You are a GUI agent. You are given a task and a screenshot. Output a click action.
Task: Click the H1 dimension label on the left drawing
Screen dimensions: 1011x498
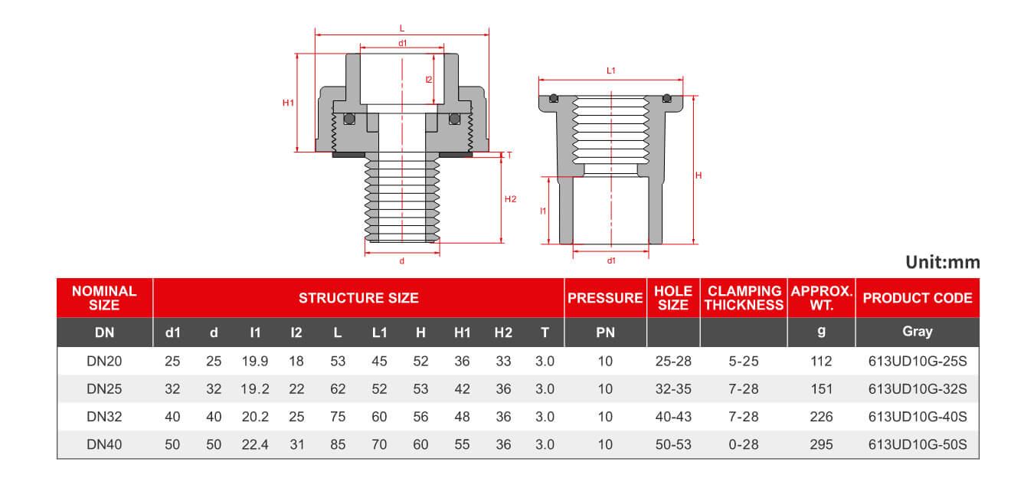(x=288, y=103)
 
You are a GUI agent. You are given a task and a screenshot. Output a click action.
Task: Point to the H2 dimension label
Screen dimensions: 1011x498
(x=510, y=199)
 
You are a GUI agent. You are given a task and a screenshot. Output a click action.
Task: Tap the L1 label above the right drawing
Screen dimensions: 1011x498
(x=610, y=70)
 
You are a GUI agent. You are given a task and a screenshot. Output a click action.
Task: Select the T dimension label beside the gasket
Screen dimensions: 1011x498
(x=509, y=156)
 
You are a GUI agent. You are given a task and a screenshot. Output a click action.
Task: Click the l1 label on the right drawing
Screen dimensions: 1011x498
(x=543, y=211)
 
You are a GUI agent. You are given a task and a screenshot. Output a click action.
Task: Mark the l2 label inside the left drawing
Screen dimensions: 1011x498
(x=429, y=80)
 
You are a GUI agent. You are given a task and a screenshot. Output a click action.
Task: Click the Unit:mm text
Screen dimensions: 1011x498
(x=942, y=262)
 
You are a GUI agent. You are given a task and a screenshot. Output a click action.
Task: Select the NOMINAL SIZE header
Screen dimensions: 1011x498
(x=104, y=298)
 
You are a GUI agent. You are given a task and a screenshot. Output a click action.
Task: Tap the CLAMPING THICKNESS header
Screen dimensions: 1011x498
(x=744, y=298)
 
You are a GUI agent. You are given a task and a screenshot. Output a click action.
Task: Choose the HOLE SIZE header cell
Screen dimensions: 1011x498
(x=673, y=298)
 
